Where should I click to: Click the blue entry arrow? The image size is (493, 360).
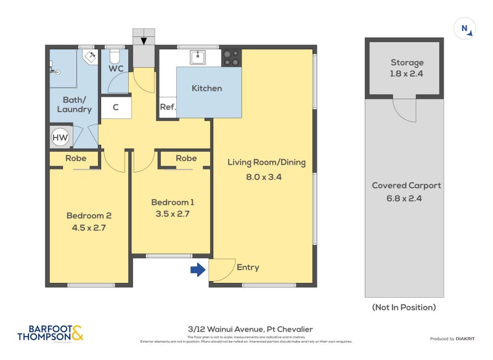198,270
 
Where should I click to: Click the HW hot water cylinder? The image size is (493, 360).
60,137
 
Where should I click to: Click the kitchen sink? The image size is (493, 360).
198,57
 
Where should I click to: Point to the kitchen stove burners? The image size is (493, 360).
231,57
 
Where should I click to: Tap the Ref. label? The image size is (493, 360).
168,107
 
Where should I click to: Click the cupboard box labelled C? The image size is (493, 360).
115,107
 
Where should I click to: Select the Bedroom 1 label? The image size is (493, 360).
173,202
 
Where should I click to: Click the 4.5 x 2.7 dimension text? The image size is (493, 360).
89,227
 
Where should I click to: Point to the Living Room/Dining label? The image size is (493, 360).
266,163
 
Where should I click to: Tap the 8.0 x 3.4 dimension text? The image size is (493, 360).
266,176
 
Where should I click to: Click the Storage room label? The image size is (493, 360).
407,62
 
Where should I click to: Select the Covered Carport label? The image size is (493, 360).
406,186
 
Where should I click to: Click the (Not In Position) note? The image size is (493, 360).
404,307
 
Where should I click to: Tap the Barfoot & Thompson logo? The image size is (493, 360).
50,333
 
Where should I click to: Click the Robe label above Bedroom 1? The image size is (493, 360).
186,158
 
